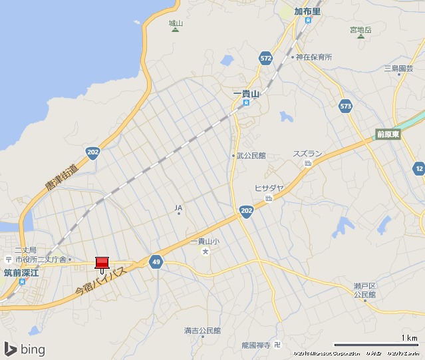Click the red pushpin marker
pos(102,263)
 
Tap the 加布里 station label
pos(307,11)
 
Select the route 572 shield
pos(266,59)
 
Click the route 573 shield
pos(345,106)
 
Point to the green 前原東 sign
pos(388,134)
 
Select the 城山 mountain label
pos(176,23)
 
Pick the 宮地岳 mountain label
pos(360,30)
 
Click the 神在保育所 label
pos(313,57)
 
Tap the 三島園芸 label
pos(398,69)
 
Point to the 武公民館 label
pos(251,155)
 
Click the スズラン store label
pos(307,154)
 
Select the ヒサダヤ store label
pos(269,188)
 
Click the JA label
pos(178,208)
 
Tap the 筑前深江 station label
pos(22,271)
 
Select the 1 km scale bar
pos(375,345)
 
